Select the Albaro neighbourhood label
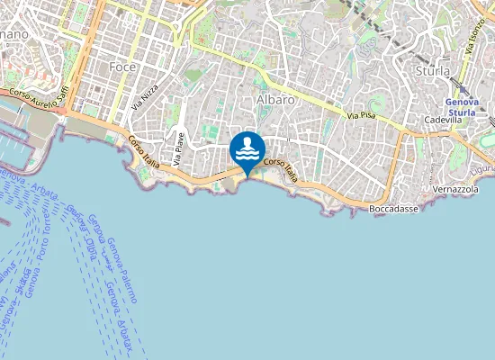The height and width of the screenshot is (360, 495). click(x=275, y=100)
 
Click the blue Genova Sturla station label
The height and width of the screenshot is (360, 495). click(x=467, y=108)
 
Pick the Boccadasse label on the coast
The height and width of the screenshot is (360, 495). click(x=396, y=209)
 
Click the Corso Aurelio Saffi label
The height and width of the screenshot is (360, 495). click(x=39, y=94)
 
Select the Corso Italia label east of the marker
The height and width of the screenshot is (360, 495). click(x=280, y=170)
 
